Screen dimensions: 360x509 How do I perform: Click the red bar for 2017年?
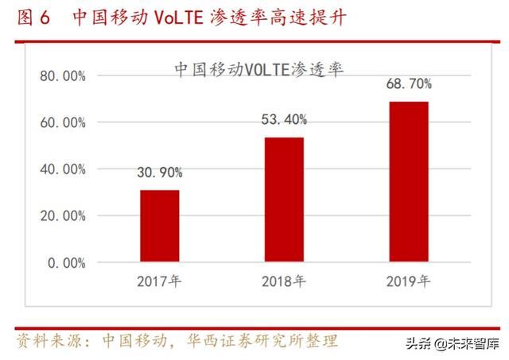(160, 226)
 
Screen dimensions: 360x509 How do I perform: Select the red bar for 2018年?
(284, 199)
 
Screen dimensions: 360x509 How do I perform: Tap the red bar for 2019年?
(409, 181)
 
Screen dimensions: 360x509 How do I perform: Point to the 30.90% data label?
(159, 172)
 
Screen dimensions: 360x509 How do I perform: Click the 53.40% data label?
(284, 120)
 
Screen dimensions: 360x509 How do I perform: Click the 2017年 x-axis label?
(160, 281)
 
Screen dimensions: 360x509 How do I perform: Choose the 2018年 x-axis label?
(284, 281)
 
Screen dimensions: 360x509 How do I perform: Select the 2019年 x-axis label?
(408, 281)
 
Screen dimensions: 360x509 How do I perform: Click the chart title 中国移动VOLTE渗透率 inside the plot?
(258, 69)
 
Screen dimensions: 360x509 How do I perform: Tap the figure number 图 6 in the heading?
(33, 17)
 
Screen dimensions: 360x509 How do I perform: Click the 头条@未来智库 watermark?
(453, 344)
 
